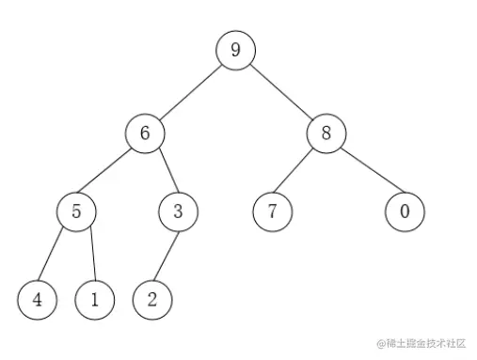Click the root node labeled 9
coord(235,50)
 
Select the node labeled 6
coord(145,133)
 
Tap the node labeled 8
coord(326,133)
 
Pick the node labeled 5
coord(77,211)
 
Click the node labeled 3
coord(177,211)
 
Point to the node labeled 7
coord(272,211)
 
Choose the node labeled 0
coord(405,211)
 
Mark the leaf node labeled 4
coord(37,300)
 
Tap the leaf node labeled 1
coord(95,300)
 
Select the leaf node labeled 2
coord(152,300)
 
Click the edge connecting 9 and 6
coord(190,91)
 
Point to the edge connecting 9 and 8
coord(281,91)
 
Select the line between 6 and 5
coord(111,172)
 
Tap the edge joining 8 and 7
coord(299,172)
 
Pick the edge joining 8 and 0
coord(366,172)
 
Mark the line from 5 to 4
coord(56,255)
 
